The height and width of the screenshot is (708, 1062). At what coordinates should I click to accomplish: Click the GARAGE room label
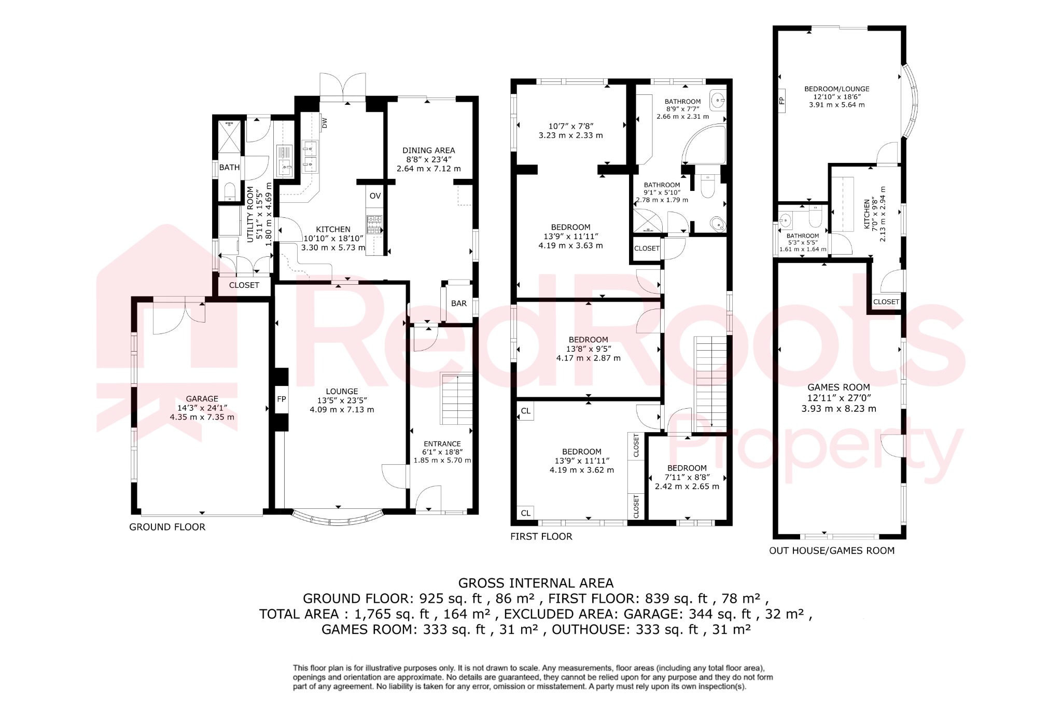click(202, 399)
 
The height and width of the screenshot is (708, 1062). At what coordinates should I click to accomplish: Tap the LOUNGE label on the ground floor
click(342, 392)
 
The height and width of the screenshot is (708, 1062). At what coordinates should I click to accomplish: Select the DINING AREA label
click(428, 150)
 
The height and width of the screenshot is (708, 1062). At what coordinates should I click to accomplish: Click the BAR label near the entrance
click(458, 303)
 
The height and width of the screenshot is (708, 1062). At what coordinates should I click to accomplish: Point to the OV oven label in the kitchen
click(375, 196)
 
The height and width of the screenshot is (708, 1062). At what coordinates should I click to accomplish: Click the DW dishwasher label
click(325, 123)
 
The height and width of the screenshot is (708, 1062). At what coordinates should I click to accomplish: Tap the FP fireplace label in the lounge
click(282, 399)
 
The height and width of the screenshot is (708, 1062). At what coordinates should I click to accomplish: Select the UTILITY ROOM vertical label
click(251, 214)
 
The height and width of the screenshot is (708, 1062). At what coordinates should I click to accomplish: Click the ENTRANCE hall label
click(442, 444)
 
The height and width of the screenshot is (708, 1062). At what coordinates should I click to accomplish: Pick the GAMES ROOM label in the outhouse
click(839, 387)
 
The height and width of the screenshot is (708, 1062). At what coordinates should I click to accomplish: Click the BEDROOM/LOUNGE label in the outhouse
click(836, 89)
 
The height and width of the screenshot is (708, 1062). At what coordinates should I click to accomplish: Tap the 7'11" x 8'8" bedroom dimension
click(687, 477)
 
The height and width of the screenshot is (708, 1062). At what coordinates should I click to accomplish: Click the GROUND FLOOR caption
click(167, 527)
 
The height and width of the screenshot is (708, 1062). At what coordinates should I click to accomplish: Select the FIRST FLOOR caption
click(541, 536)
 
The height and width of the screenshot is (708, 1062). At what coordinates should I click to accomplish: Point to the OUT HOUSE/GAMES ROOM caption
click(832, 550)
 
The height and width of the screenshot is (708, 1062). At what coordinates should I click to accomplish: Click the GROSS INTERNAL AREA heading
click(536, 584)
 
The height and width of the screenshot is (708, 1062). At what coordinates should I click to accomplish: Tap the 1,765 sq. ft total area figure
click(392, 614)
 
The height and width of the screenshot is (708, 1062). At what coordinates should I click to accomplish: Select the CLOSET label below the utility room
click(244, 285)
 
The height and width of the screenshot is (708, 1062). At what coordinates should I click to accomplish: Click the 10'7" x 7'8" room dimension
click(570, 126)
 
